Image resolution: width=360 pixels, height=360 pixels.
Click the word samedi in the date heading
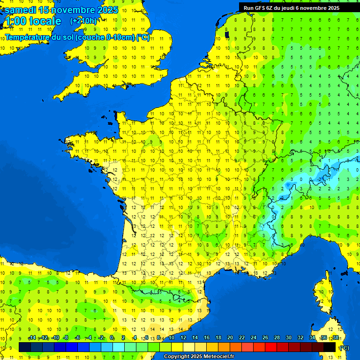tap(20, 10)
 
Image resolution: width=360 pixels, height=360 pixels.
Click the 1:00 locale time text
tap(32, 21)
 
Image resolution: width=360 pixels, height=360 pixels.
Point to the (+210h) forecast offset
tap(83, 21)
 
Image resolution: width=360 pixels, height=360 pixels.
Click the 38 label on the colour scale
tap(335, 337)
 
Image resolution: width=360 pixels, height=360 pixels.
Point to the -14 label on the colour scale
tap(32, 337)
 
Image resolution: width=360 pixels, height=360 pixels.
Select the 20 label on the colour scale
tap(230, 337)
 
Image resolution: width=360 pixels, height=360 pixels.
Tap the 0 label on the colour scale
tap(112, 337)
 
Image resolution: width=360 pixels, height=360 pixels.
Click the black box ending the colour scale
tap(330, 347)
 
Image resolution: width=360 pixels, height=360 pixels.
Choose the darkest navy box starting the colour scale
tap(25, 347)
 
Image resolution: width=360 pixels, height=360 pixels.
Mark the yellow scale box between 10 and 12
tap(177, 347)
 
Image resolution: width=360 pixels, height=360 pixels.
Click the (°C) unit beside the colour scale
tap(344, 347)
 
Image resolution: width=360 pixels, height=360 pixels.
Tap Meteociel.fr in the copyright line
tap(218, 356)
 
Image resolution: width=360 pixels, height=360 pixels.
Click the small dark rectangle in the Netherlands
tap(227, 34)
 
